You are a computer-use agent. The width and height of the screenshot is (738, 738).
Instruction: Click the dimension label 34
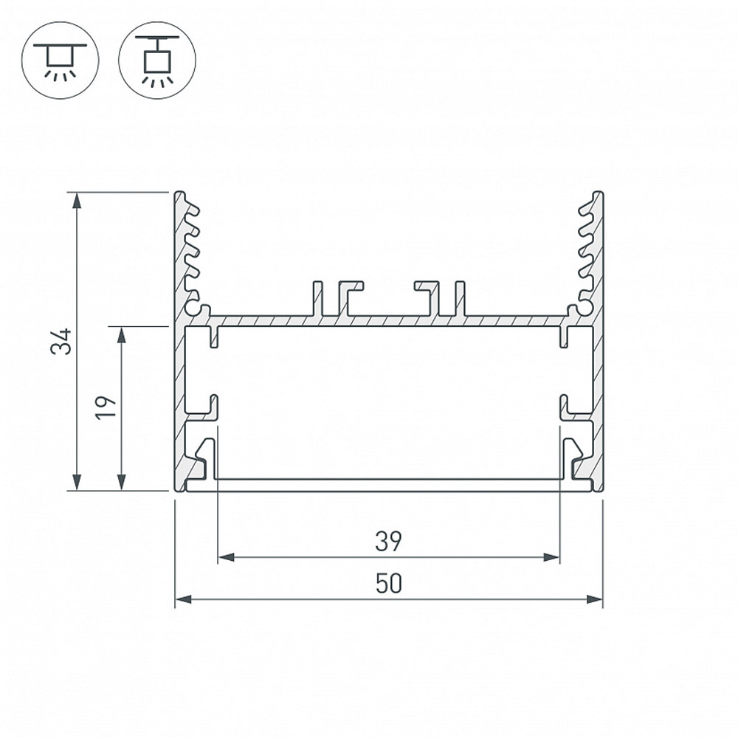pyautogui.click(x=62, y=341)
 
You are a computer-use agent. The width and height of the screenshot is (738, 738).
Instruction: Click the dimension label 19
pyautogui.click(x=106, y=408)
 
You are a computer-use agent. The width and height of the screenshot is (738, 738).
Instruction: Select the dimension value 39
pyautogui.click(x=388, y=541)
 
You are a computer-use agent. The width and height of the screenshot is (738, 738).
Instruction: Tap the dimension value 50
pyautogui.click(x=389, y=583)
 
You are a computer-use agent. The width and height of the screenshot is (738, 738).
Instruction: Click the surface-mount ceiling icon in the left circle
pyautogui.click(x=61, y=61)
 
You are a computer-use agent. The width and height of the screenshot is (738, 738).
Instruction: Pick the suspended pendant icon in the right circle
pyautogui.click(x=157, y=61)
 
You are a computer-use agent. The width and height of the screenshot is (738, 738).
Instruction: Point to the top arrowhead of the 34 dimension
pyautogui.click(x=77, y=199)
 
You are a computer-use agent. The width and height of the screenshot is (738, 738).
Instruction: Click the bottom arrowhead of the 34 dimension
pyautogui.click(x=77, y=483)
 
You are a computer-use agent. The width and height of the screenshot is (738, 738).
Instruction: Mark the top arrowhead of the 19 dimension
pyautogui.click(x=122, y=334)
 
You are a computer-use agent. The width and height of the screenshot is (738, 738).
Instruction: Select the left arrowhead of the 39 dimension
pyautogui.click(x=227, y=558)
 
